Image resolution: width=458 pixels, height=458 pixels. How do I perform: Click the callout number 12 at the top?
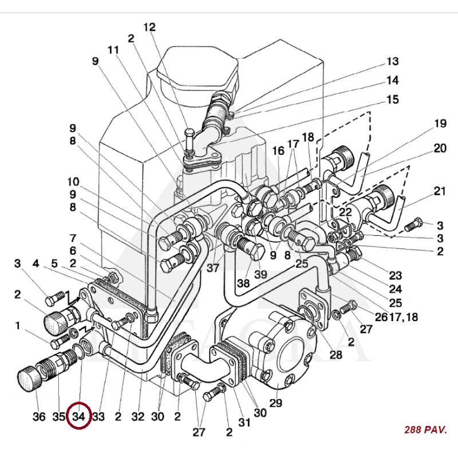[149, 27]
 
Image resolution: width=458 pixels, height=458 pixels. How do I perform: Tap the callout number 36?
[38, 417]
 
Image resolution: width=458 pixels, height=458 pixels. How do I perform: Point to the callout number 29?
[276, 403]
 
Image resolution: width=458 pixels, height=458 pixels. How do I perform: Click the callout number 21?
[439, 191]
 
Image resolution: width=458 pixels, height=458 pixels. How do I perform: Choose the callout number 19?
[440, 123]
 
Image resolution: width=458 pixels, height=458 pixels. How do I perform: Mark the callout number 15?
[392, 100]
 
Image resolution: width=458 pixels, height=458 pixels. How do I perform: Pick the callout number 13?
[392, 61]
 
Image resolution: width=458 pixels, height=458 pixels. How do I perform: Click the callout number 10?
[73, 182]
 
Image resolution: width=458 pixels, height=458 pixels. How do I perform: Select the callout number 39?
[260, 274]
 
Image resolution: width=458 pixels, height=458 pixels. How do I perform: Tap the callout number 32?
[137, 417]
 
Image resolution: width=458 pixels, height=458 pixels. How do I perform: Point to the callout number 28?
[335, 356]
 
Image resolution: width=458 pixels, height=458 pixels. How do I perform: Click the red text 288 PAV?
[425, 429]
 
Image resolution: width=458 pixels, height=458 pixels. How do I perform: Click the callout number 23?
[395, 275]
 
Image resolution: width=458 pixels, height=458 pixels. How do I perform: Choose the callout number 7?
[73, 238]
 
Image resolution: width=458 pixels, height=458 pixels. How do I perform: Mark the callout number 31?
[244, 423]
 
